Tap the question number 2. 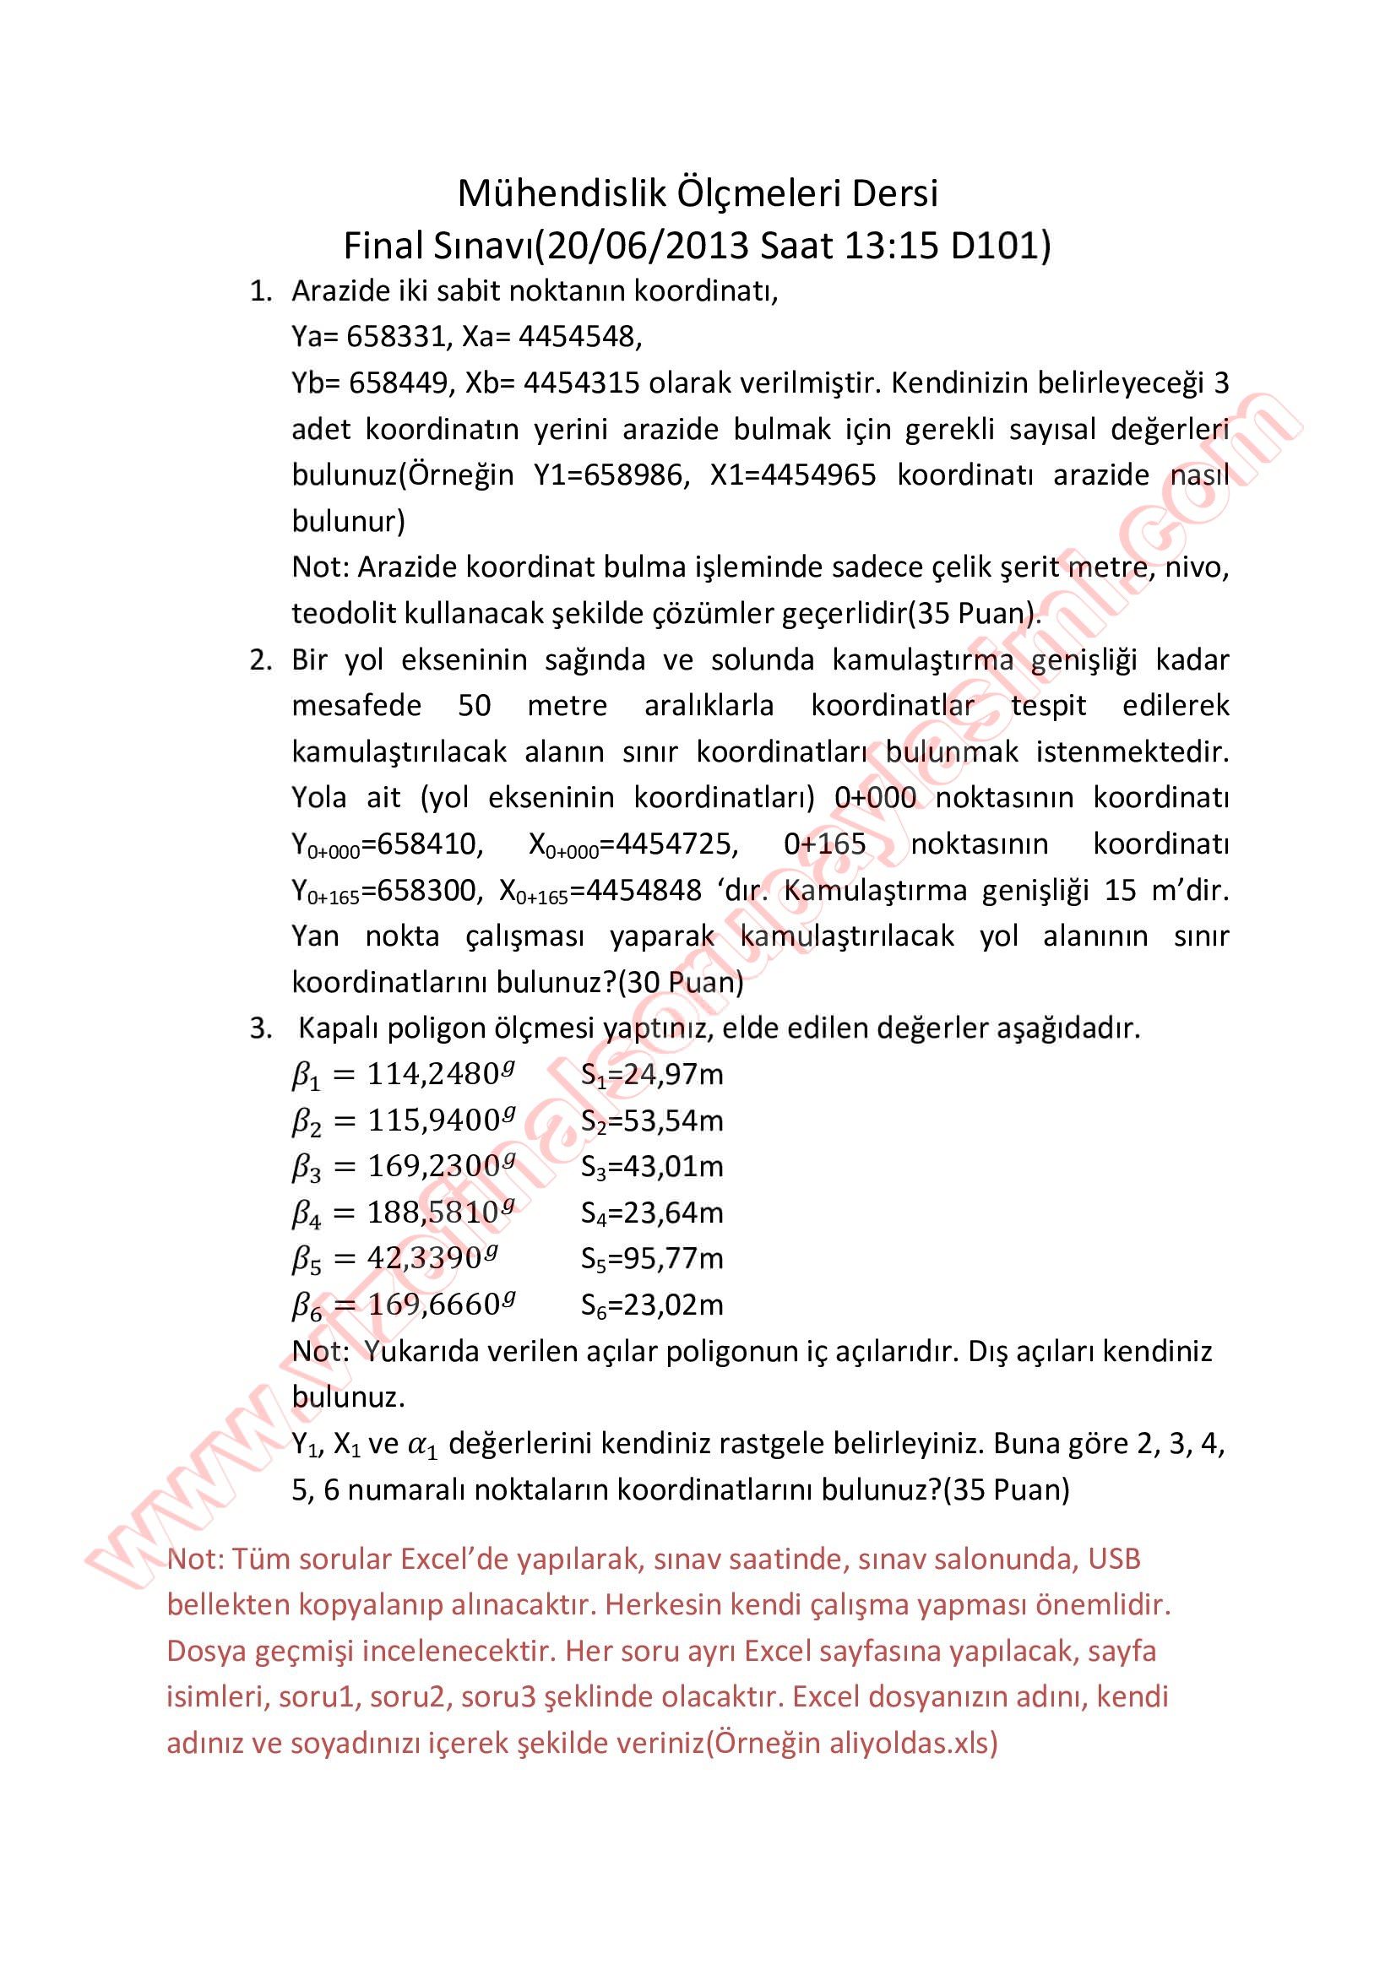[x=260, y=659]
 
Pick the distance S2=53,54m [x=652, y=1120]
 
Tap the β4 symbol [x=307, y=1213]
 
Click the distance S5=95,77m [x=652, y=1259]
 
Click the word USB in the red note [x=1114, y=1559]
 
